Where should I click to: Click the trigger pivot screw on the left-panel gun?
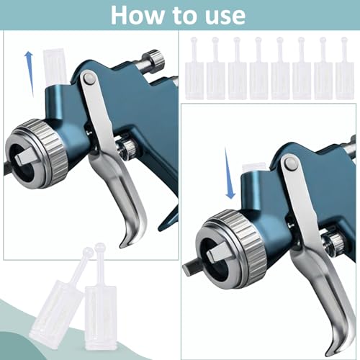pos(89,78)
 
